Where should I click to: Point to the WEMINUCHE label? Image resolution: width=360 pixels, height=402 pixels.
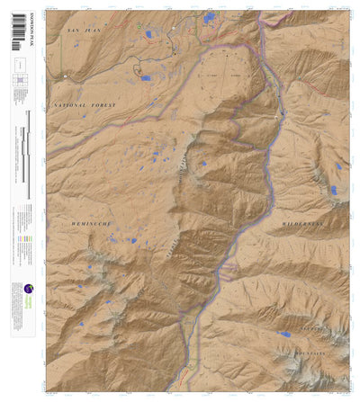91,219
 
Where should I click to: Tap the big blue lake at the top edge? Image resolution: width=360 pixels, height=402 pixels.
210,17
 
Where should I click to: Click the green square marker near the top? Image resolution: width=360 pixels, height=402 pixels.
140,25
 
